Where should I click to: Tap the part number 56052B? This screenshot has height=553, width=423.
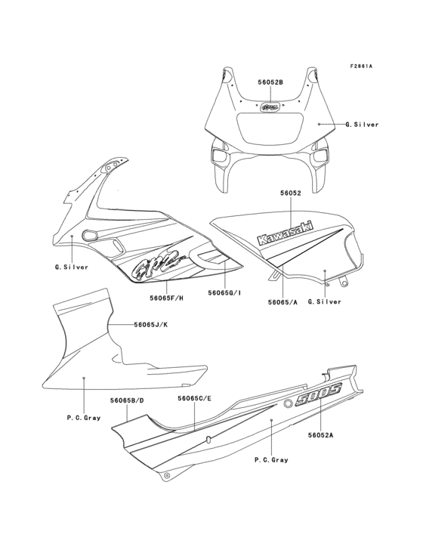(x=270, y=82)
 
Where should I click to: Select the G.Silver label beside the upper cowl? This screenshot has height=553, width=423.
(x=362, y=125)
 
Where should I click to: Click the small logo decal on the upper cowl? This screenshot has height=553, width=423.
(x=270, y=107)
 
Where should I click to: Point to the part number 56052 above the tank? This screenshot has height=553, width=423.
(x=291, y=193)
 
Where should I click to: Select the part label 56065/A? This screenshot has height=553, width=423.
(x=283, y=302)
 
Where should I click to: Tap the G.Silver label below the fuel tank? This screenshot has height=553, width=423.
(x=325, y=302)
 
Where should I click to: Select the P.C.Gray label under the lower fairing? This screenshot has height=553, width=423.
(x=84, y=418)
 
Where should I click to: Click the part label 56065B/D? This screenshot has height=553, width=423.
(x=127, y=400)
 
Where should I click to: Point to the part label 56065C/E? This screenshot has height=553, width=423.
(x=195, y=398)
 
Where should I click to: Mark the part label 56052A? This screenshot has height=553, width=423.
(x=320, y=435)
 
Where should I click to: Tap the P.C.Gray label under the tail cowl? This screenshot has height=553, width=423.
(x=271, y=460)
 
